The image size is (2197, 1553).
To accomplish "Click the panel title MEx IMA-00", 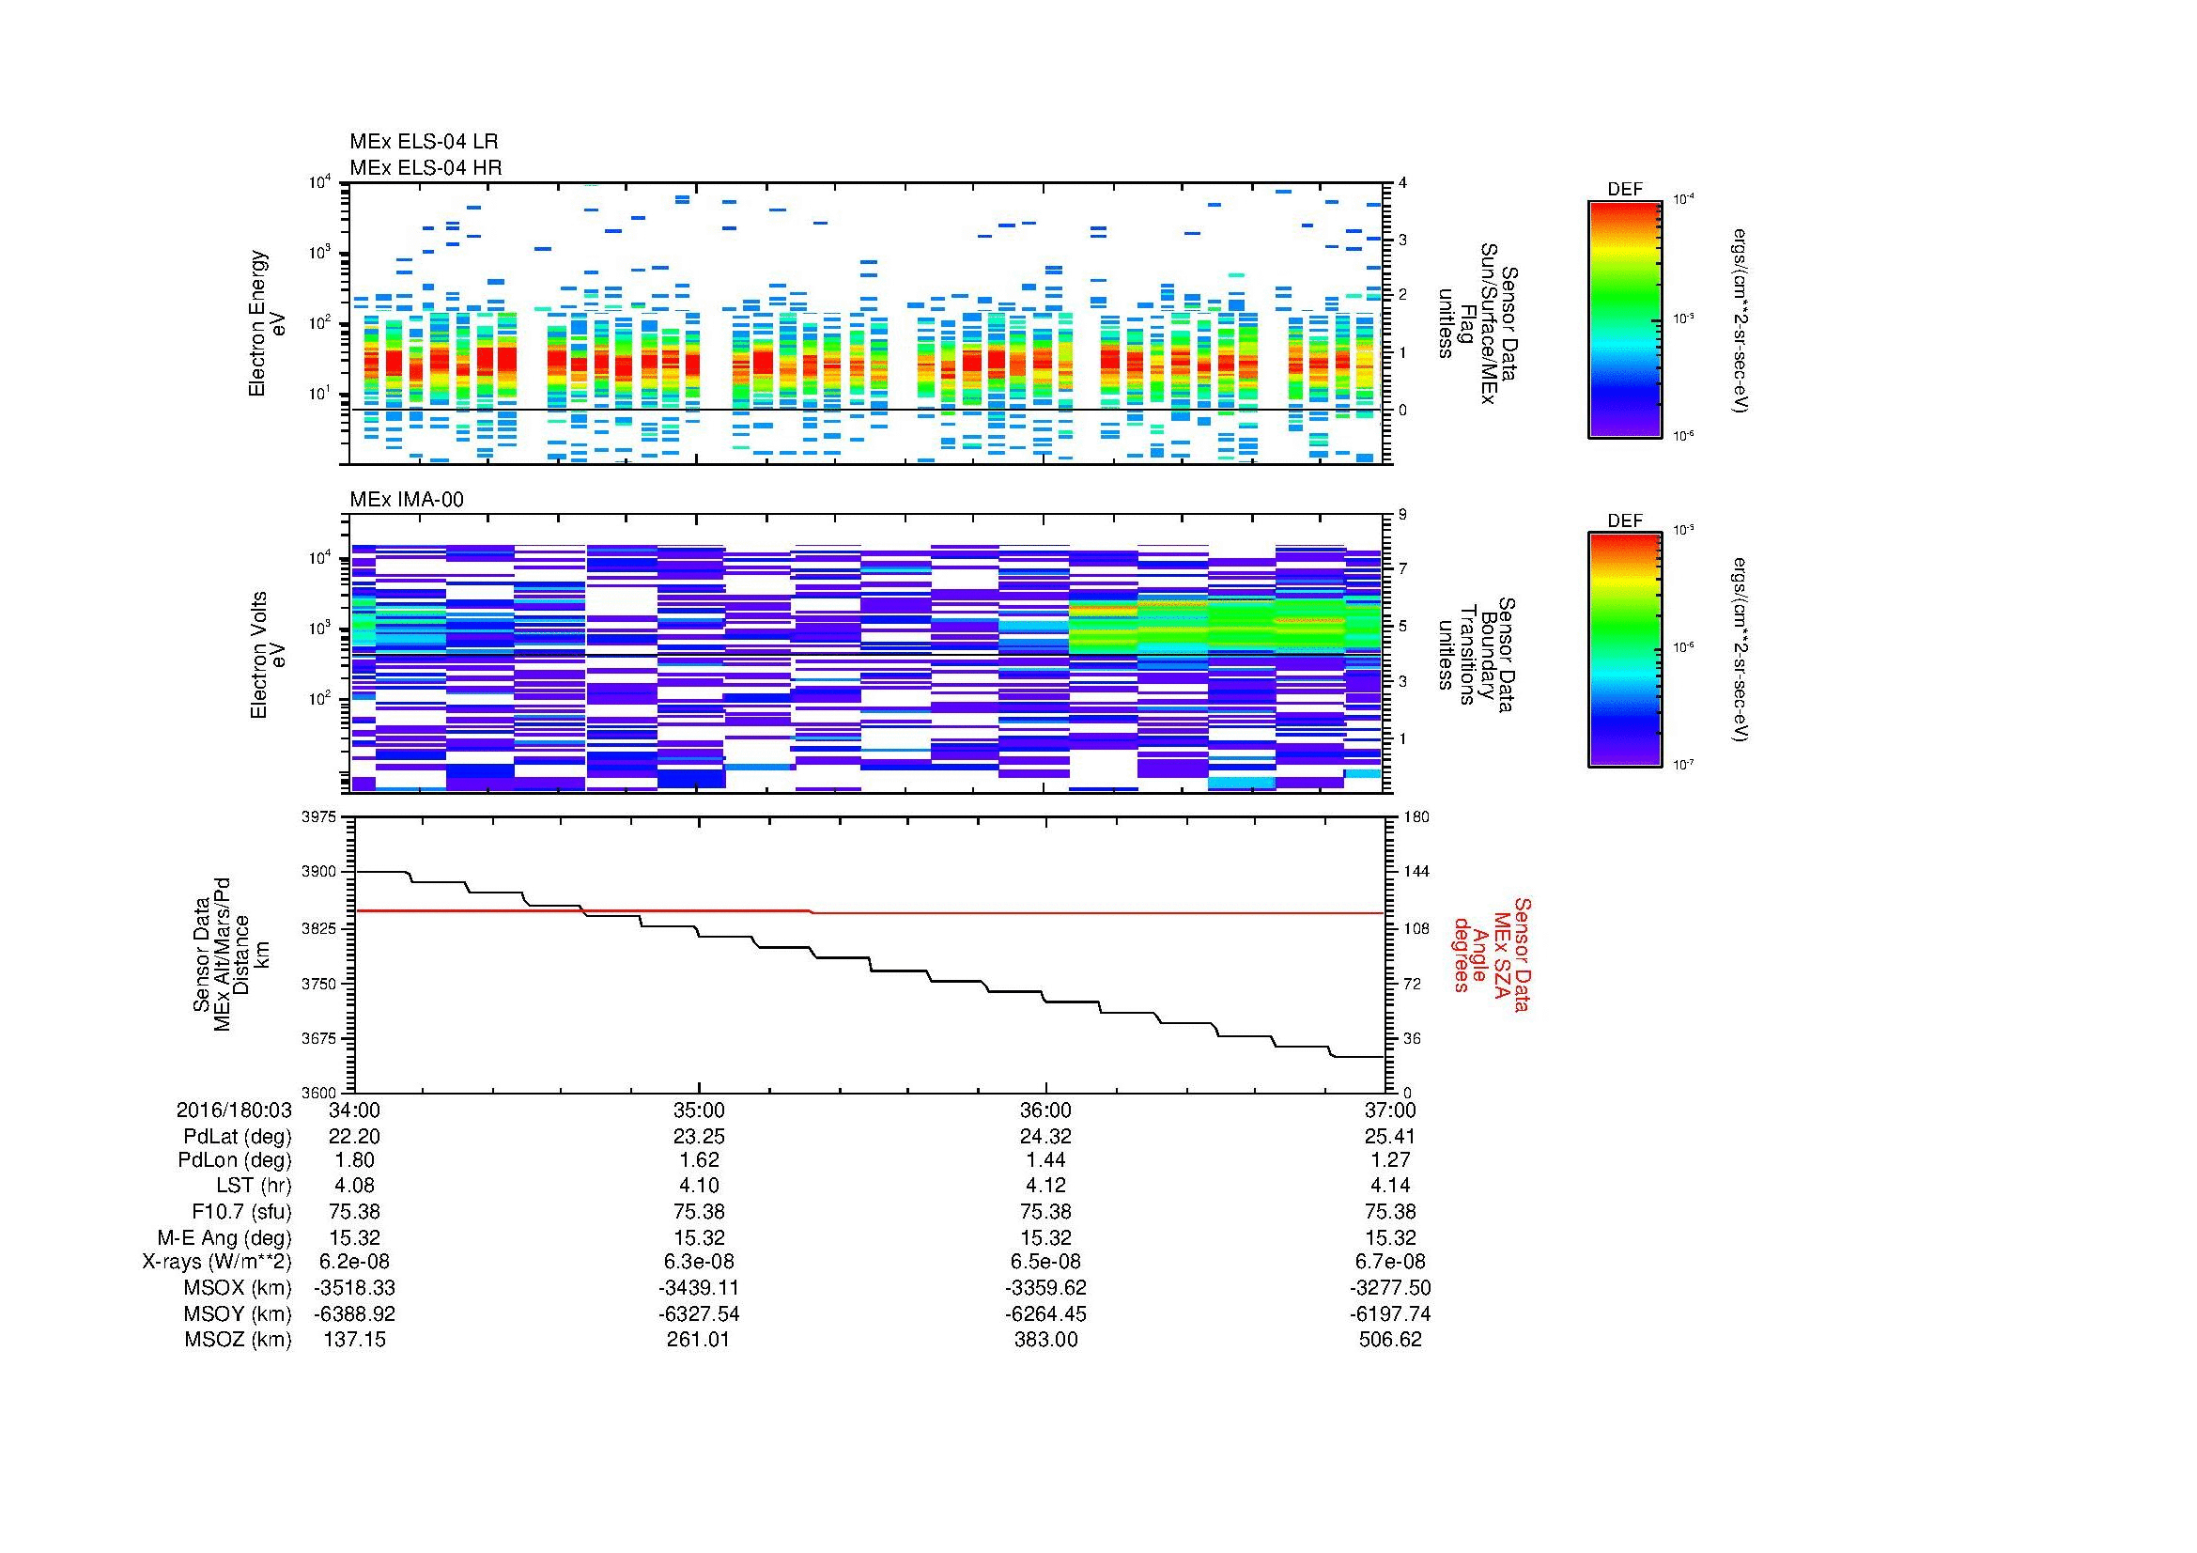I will pyautogui.click(x=407, y=500).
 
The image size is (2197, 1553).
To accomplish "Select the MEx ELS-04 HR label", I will pyautogui.click(x=425, y=167).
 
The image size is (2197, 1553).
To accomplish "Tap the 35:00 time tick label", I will pyautogui.click(x=699, y=1110).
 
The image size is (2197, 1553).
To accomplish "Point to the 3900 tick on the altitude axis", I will pyautogui.click(x=320, y=872).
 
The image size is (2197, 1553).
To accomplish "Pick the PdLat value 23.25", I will pyautogui.click(x=699, y=1137).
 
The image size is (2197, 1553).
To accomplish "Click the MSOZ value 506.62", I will pyautogui.click(x=1390, y=1340).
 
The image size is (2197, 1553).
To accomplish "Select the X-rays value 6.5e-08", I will pyautogui.click(x=1044, y=1262).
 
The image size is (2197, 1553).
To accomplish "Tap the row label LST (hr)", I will pyautogui.click(x=254, y=1186).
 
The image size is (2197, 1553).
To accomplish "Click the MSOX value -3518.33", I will pyautogui.click(x=355, y=1288).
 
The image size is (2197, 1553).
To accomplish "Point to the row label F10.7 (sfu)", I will pyautogui.click(x=243, y=1211).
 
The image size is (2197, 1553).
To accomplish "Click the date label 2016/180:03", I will pyautogui.click(x=234, y=1110).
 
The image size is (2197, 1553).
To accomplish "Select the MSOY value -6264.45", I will pyautogui.click(x=1044, y=1313).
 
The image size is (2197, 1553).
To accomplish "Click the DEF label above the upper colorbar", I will pyautogui.click(x=1624, y=190).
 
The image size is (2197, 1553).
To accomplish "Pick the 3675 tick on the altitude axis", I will pyautogui.click(x=320, y=1038).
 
